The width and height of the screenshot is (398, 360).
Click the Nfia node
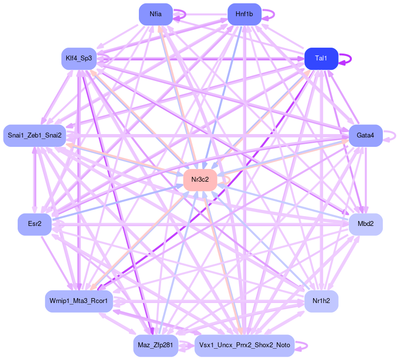coord(156,14)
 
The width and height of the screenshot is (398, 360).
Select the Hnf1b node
coord(244,14)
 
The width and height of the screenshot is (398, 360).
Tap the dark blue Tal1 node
coord(321,58)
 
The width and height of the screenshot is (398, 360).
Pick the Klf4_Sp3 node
coord(79,58)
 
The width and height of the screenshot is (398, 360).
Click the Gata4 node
coord(365,135)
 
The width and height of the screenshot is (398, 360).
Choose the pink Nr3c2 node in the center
coord(200,180)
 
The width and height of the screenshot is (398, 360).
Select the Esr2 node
coord(34,224)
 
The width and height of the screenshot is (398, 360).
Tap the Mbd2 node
coord(365,224)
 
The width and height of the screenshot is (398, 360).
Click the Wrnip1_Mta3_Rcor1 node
coord(79,300)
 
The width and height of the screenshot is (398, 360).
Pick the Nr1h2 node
coord(321,300)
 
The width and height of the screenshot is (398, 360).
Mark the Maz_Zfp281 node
coord(155,345)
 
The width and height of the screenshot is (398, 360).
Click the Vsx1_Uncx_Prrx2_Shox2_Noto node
coord(244,345)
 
